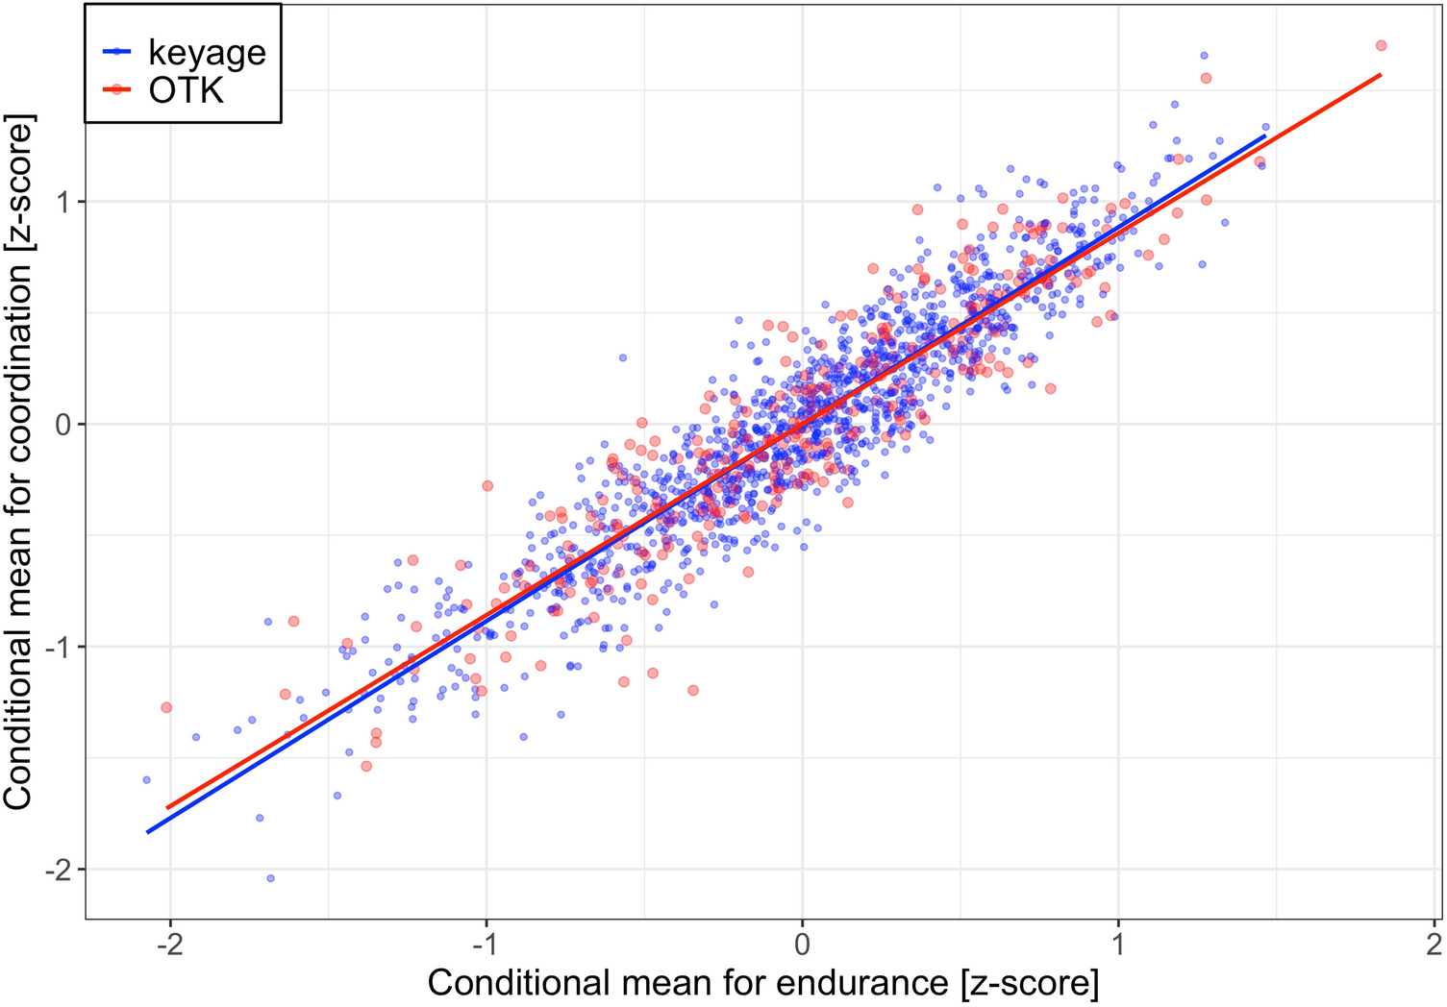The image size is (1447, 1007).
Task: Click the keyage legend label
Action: pos(207,52)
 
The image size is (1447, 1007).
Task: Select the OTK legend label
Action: pos(187,90)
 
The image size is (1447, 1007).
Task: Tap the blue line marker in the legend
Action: pos(116,52)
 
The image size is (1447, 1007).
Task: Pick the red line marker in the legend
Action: pos(116,89)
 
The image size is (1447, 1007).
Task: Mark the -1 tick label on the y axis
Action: pos(60,648)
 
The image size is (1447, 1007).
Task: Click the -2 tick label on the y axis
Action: pos(60,871)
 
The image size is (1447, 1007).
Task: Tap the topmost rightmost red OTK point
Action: pos(1381,46)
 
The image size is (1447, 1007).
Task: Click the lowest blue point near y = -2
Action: pos(270,878)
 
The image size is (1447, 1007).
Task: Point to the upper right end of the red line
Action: pos(1381,74)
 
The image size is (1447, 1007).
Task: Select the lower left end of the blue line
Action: pos(147,832)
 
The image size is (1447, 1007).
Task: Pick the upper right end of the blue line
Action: pos(1265,136)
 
